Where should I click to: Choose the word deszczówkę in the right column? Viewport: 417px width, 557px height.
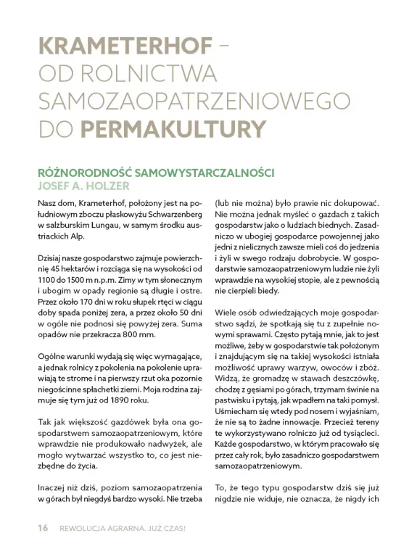(x=351, y=379)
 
